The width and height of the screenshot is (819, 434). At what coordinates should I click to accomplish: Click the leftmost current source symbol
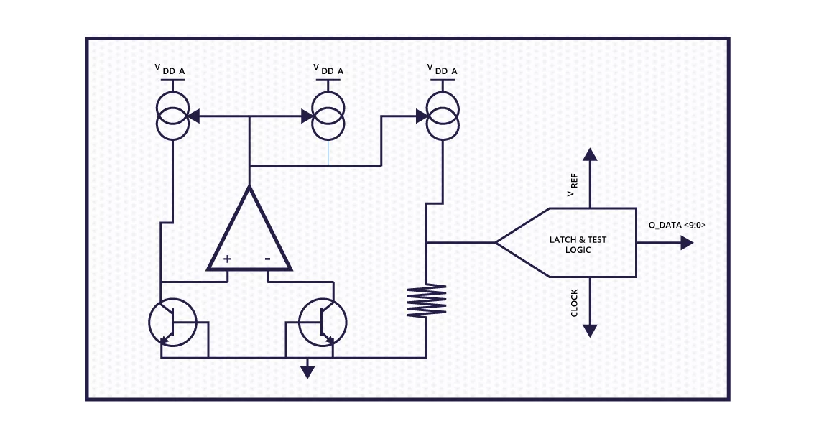(x=172, y=116)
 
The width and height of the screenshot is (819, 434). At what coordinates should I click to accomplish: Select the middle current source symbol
(x=328, y=116)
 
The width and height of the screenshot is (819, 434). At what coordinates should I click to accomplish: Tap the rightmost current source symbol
(x=442, y=116)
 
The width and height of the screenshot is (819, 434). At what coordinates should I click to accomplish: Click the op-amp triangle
(x=249, y=234)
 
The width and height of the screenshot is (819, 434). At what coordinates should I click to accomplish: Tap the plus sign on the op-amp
(x=227, y=258)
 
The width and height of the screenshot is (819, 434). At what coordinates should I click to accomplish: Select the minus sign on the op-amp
(x=267, y=258)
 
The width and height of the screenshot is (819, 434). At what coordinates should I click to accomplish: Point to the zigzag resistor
(x=426, y=301)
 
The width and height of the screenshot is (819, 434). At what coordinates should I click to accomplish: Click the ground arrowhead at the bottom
(x=307, y=371)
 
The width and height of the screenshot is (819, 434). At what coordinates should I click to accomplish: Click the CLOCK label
(x=574, y=303)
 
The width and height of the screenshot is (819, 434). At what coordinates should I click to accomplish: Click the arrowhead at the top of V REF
(x=590, y=154)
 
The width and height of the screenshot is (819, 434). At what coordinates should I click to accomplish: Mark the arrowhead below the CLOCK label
(x=590, y=331)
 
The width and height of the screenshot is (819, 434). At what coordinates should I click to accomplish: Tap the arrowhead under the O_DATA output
(x=686, y=244)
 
